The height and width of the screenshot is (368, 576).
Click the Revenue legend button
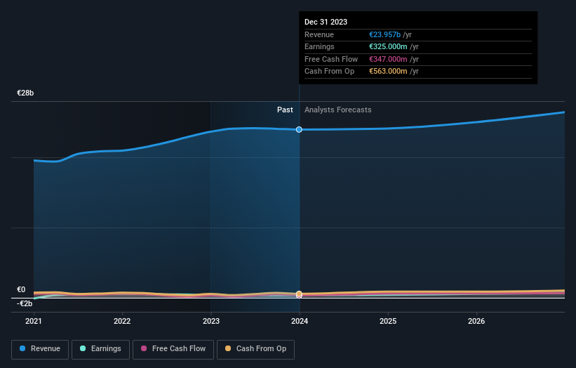(40, 348)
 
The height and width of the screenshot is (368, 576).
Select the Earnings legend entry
(100, 348)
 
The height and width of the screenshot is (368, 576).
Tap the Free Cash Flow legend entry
(173, 348)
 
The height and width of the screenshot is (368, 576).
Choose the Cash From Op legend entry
(256, 348)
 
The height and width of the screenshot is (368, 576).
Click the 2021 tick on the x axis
(34, 321)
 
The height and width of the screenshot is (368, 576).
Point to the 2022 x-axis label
(122, 321)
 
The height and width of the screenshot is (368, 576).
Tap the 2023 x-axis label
(211, 321)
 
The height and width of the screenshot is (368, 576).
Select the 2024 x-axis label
(300, 321)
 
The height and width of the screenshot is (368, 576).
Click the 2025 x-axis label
(388, 321)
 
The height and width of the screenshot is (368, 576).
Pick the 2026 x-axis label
(476, 321)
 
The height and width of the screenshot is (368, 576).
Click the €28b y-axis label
(26, 93)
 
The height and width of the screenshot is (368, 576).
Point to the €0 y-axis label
(21, 289)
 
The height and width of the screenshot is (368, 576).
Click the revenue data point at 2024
(300, 129)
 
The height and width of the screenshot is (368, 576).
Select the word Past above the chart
(285, 110)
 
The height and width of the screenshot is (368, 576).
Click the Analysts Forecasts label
(337, 110)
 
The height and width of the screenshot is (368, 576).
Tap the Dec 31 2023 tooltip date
(326, 22)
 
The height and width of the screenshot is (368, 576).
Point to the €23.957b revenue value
(385, 35)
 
